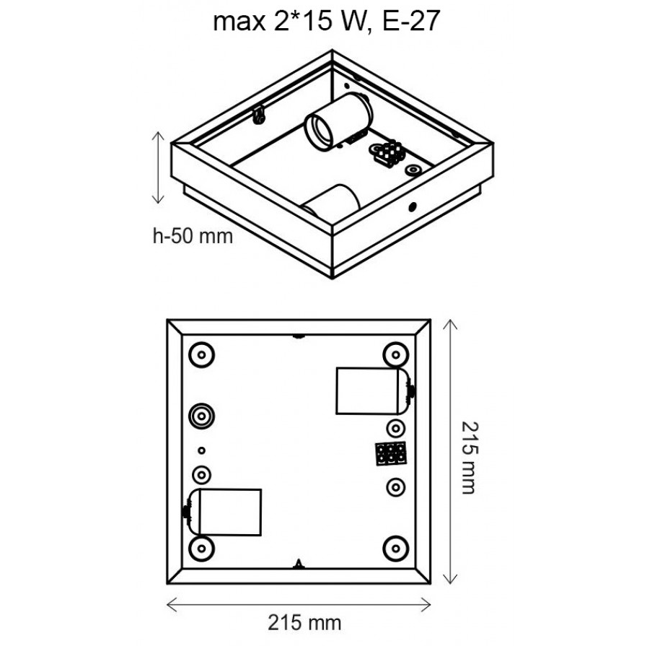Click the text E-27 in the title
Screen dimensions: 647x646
(411, 21)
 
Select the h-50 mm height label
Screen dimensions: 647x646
(193, 236)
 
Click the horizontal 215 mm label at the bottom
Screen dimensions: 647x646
(304, 623)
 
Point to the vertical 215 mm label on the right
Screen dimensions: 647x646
(469, 458)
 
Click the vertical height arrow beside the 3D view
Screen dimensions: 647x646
(158, 167)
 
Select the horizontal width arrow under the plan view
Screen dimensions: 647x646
(299, 605)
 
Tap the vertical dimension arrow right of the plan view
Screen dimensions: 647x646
(450, 452)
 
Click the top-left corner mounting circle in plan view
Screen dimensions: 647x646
(202, 354)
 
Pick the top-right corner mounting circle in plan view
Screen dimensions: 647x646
(396, 354)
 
